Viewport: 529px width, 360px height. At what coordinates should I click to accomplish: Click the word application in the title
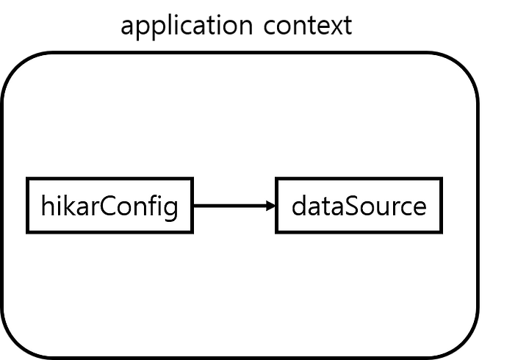pyautogui.click(x=187, y=26)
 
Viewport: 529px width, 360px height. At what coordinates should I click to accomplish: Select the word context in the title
pyautogui.click(x=308, y=26)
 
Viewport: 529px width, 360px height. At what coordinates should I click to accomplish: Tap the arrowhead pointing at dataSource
pyautogui.click(x=271, y=206)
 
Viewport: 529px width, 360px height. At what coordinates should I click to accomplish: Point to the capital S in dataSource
pyautogui.click(x=353, y=206)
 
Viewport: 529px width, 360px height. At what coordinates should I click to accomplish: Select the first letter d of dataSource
pyautogui.click(x=298, y=205)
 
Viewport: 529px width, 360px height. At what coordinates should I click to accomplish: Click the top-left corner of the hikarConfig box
pyautogui.click(x=27, y=178)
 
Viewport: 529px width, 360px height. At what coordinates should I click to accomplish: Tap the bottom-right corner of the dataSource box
pyautogui.click(x=442, y=232)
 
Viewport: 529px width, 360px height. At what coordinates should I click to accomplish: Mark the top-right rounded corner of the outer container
pyautogui.click(x=464, y=66)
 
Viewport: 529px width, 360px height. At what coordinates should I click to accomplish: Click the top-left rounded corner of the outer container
pyautogui.click(x=16, y=66)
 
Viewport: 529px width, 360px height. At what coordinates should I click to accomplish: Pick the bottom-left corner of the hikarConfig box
pyautogui.click(x=27, y=232)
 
